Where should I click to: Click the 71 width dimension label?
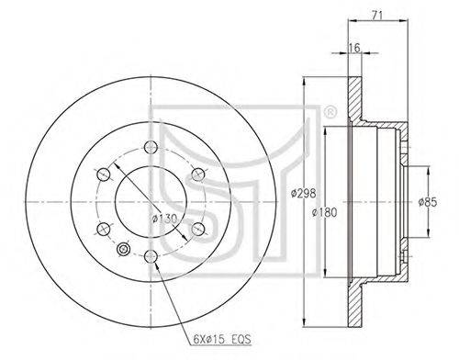pyautogui.click(x=377, y=15)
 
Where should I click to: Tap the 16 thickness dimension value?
pyautogui.click(x=354, y=48)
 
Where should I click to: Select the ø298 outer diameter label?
pyautogui.click(x=303, y=193)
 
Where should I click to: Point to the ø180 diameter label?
pyautogui.click(x=324, y=212)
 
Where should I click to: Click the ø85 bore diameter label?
pyautogui.click(x=428, y=202)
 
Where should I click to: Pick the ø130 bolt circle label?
pyautogui.click(x=164, y=219)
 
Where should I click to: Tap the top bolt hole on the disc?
pyautogui.click(x=151, y=147)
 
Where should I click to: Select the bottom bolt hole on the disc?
pyautogui.click(x=151, y=256)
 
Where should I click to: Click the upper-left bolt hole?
pyautogui.click(x=103, y=174)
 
